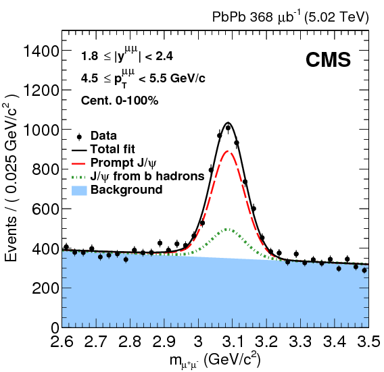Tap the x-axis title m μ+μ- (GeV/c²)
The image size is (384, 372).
click(216, 358)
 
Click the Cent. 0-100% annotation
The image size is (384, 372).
click(120, 101)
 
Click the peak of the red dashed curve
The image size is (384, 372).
click(229, 151)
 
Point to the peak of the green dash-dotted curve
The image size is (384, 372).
click(229, 230)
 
